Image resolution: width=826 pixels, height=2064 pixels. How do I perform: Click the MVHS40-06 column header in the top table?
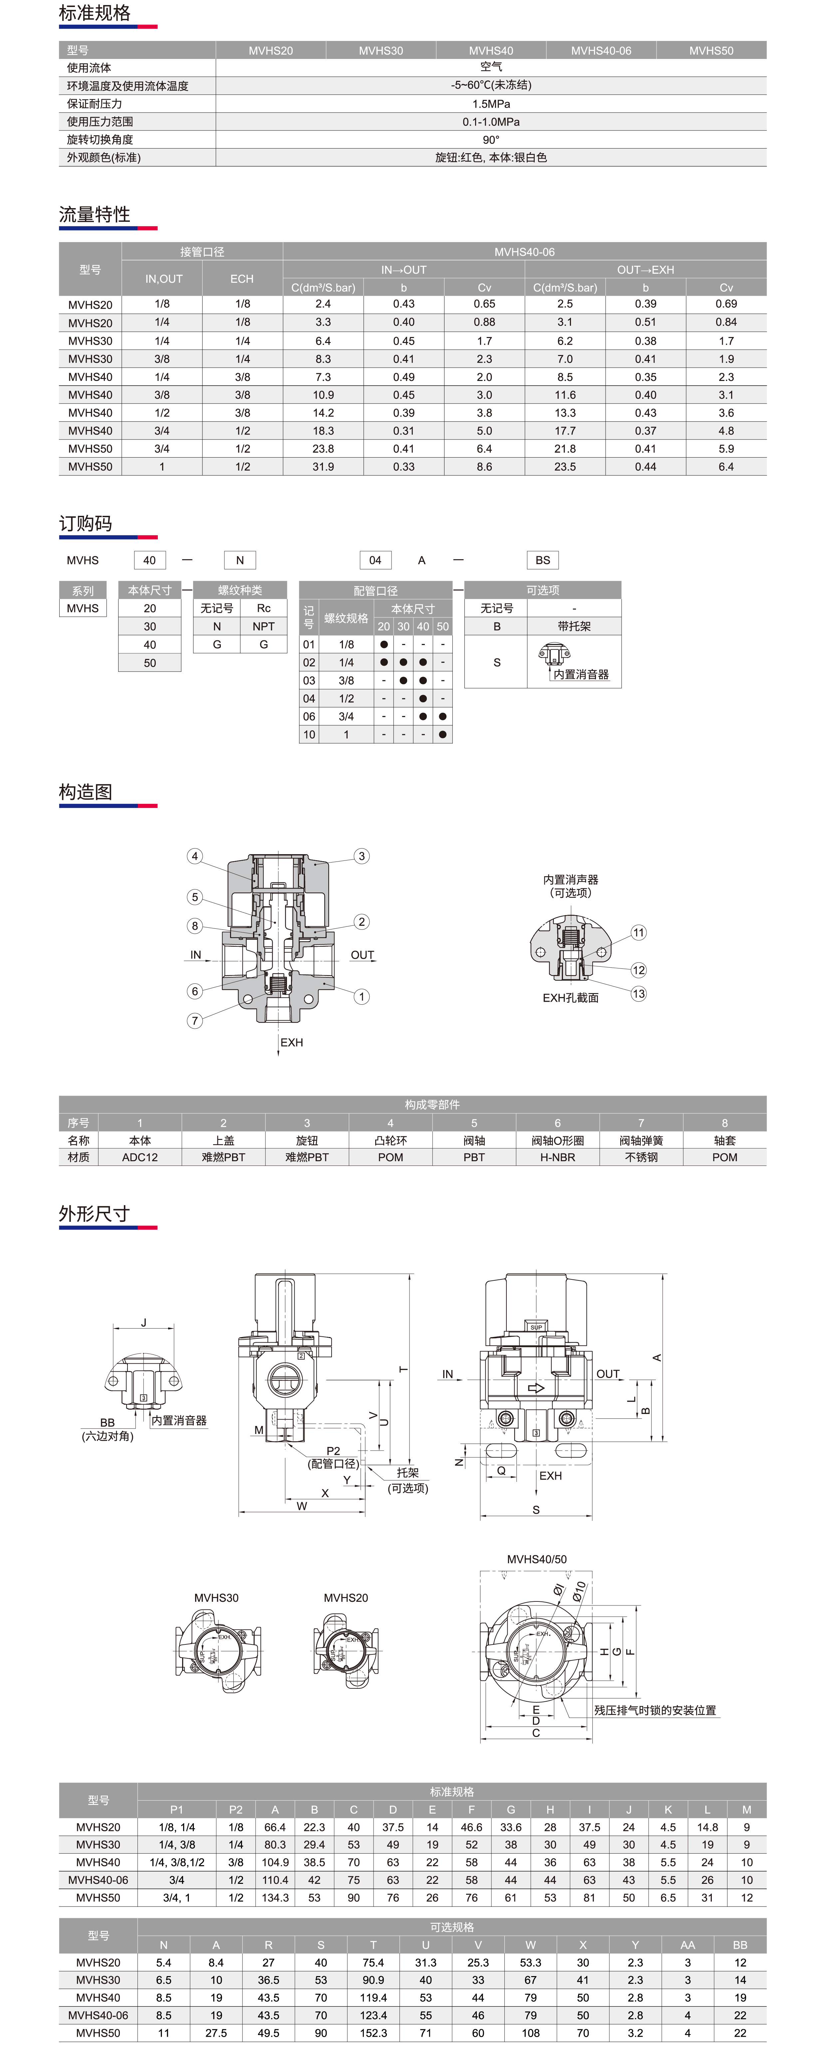(601, 51)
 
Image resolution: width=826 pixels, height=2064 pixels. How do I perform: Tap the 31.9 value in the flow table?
(323, 466)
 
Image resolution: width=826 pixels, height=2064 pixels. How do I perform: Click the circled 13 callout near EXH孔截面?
(639, 994)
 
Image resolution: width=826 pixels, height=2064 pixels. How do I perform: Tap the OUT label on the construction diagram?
(362, 955)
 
